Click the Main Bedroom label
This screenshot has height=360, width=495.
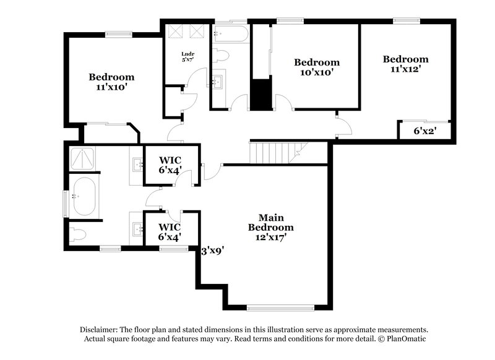pos(271,222)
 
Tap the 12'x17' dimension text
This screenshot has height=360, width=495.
pos(271,236)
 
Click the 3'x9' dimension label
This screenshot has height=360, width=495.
pos(212,251)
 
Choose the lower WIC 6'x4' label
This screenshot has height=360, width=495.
pos(170,232)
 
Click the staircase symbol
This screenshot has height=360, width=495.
pos(277,150)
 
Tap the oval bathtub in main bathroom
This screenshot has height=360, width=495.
pos(84,196)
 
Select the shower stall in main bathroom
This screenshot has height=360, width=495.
pos(84,160)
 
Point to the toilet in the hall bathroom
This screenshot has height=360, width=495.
pos(222,56)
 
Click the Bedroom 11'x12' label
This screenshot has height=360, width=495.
pos(405,64)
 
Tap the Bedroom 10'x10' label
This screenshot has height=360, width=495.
pos(316,67)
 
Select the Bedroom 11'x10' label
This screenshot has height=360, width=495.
pos(111,82)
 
